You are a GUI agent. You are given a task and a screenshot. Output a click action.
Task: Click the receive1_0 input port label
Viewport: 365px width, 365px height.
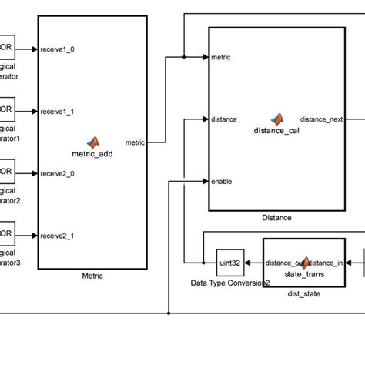coord(58,49)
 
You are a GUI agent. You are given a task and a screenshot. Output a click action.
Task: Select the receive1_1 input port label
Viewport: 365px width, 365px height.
coord(58,111)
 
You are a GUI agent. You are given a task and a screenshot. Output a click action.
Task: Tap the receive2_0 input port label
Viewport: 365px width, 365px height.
coord(58,172)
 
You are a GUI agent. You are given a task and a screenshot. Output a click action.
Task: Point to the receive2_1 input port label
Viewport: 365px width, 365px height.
coord(58,234)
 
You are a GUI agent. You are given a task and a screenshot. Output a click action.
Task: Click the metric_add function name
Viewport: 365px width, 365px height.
coord(92,153)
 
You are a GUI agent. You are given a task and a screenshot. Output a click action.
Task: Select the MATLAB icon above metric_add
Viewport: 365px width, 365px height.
coord(92,142)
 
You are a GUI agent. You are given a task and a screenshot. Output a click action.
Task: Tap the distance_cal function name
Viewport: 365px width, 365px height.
coord(276,130)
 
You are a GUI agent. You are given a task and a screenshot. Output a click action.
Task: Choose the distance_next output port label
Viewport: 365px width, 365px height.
coord(321,119)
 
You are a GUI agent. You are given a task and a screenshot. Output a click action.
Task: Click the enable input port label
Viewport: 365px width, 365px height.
coord(221,182)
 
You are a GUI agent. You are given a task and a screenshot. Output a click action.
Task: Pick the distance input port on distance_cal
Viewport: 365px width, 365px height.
coord(224,119)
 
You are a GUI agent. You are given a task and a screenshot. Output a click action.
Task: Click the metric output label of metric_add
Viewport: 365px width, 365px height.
coord(135,142)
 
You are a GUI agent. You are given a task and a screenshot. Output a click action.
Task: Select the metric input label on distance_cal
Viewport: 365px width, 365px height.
coord(222,57)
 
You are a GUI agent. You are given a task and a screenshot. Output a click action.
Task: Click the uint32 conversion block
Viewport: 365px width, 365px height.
coord(230,263)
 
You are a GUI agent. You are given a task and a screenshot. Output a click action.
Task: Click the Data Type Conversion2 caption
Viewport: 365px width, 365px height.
coord(230,283)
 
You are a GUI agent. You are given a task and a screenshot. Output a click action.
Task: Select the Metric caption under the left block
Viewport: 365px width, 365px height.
coord(92,276)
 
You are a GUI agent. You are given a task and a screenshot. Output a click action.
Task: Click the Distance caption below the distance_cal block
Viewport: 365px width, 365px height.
coord(276,218)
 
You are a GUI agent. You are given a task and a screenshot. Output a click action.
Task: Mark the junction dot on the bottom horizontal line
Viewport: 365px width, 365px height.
coord(169,313)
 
